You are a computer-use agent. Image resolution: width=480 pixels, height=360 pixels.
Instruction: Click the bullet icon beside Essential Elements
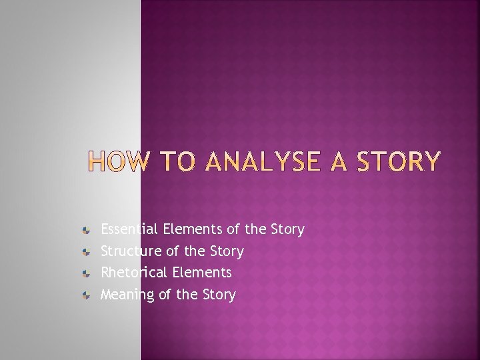point(86,230)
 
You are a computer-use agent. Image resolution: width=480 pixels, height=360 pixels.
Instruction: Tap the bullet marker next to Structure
point(86,251)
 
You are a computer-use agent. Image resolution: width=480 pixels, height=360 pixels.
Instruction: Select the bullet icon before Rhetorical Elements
point(86,273)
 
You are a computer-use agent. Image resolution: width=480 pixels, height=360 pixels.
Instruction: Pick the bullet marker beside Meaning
point(86,295)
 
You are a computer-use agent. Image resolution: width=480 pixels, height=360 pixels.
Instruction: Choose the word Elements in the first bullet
point(193,229)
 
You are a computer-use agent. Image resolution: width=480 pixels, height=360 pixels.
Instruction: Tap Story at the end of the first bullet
point(287,230)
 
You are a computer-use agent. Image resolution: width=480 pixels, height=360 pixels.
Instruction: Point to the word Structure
point(129,251)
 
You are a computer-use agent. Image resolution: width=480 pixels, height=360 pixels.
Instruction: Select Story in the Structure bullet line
point(227,252)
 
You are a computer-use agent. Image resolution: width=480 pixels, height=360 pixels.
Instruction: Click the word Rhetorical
point(134,273)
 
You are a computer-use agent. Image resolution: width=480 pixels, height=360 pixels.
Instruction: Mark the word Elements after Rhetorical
point(202,273)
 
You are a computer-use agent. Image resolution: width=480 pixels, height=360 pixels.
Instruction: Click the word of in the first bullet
point(233,229)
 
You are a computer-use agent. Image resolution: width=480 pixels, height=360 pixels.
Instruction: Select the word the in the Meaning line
point(187,295)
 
